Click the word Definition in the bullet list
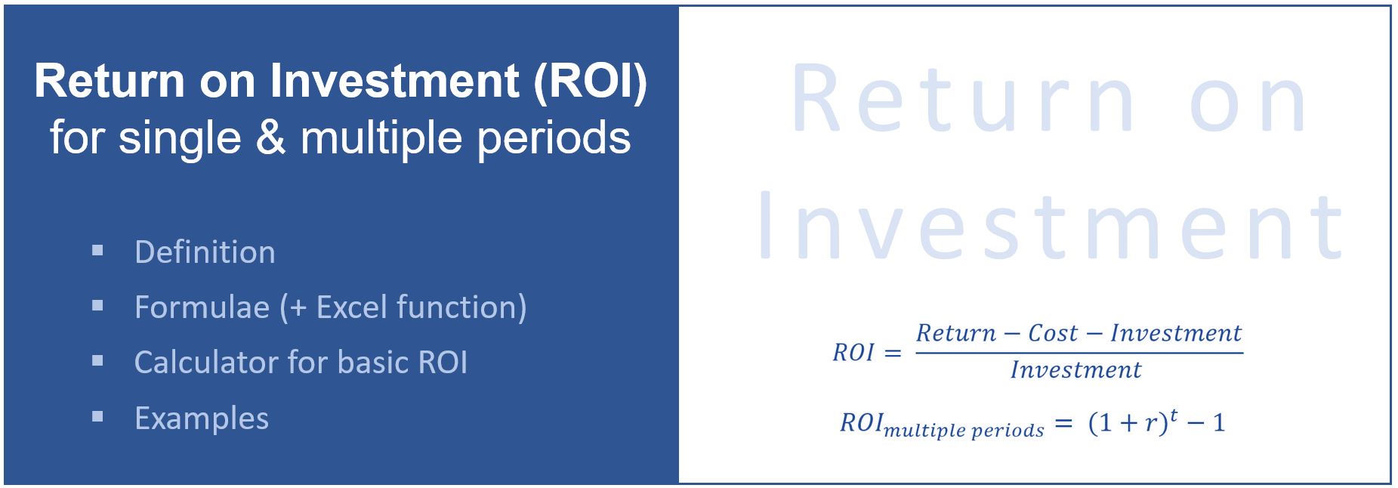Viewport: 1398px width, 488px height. pos(205,252)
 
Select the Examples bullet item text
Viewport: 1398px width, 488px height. pos(202,419)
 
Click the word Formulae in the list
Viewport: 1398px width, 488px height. pos(202,307)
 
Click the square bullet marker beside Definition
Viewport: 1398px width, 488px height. pos(97,249)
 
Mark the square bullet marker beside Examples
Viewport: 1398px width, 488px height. pos(97,415)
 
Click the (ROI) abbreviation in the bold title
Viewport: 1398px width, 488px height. pos(591,82)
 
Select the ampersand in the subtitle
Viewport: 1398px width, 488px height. pos(271,138)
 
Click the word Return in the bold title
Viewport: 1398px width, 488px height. pos(110,82)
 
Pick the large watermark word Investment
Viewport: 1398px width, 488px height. pos(1051,226)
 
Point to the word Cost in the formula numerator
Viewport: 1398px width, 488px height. pos(1053,333)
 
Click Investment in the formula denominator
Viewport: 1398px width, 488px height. pos(1076,369)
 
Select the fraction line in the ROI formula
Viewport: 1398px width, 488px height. pos(1079,351)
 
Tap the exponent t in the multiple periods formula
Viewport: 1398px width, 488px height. pos(1174,414)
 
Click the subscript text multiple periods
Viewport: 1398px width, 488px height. pos(964,431)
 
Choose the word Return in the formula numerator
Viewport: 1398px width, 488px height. pos(956,333)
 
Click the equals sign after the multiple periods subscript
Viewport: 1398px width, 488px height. pos(1063,424)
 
